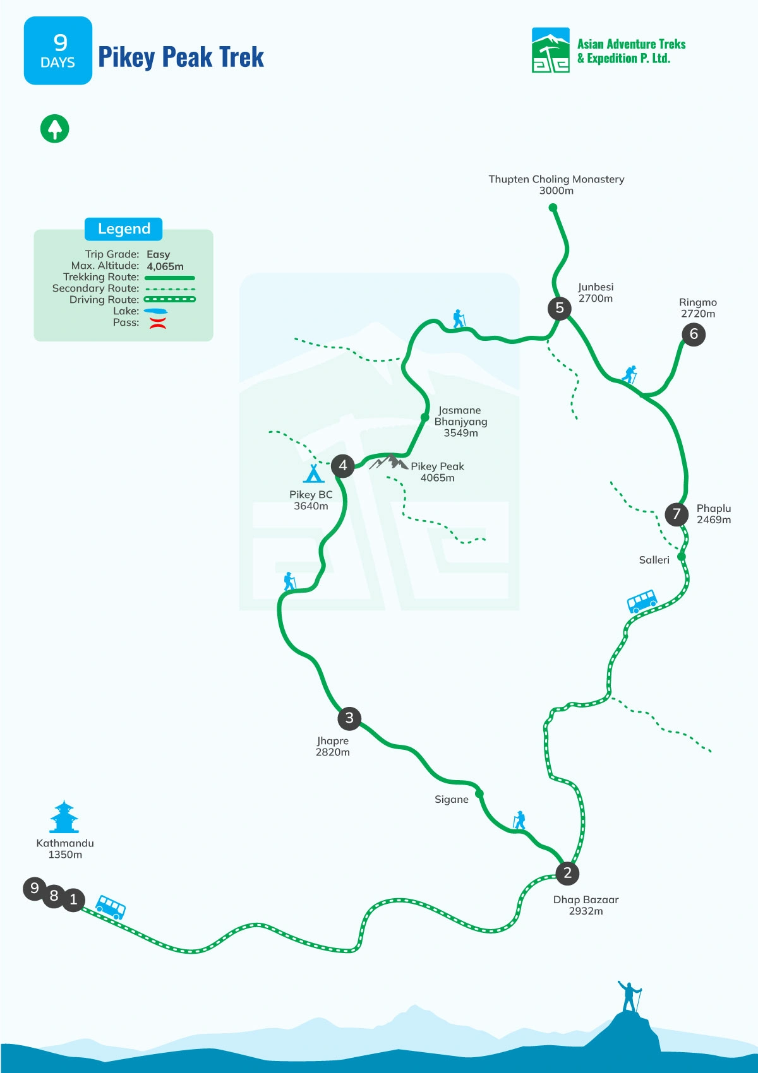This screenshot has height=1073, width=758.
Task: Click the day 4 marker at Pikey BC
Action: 342,466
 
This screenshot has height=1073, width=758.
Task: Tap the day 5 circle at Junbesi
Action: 559,308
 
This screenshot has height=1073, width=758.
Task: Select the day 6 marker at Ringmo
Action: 694,334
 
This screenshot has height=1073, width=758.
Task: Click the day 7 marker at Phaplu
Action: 677,514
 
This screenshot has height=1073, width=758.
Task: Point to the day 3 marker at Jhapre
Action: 349,718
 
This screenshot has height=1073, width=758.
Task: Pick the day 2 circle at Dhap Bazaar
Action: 567,873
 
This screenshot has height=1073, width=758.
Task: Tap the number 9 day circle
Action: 35,888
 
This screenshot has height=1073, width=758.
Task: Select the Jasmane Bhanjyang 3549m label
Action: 460,422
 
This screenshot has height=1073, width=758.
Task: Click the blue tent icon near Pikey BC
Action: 313,473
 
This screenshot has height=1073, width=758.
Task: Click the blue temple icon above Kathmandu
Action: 64,817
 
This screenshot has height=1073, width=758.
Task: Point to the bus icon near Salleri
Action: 642,601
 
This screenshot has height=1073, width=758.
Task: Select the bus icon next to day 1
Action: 111,907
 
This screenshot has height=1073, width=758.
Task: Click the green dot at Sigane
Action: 479,793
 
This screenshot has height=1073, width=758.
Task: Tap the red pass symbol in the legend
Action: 157,323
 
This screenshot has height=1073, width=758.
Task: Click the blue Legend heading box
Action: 124,228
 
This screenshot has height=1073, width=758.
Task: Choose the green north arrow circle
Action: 55,129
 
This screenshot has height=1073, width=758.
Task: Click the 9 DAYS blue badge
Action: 58,50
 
